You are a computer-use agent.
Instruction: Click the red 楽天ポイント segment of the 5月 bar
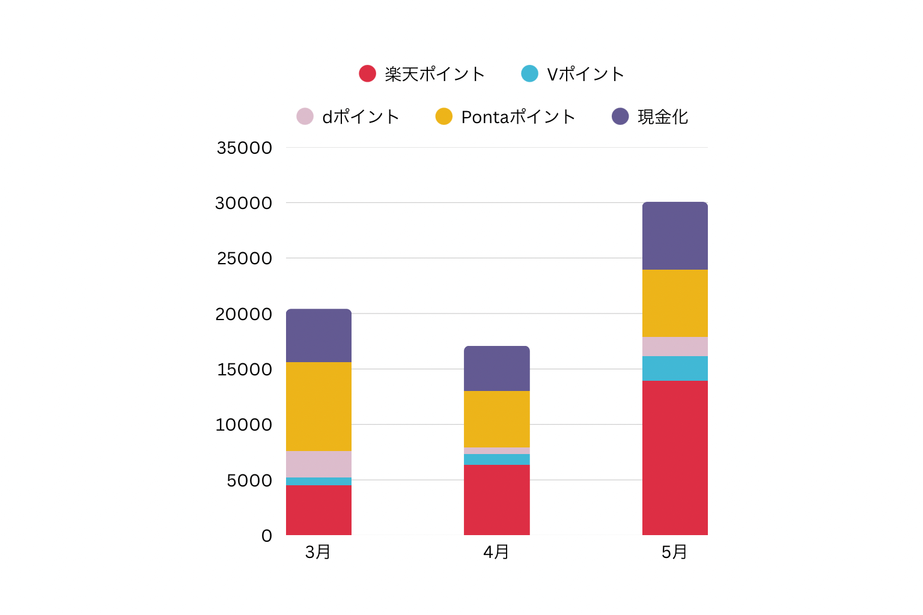coord(675,458)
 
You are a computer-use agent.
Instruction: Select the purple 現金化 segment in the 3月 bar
coord(318,335)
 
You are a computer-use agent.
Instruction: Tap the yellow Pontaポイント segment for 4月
coord(496,419)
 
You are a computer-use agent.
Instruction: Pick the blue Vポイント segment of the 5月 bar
coord(675,368)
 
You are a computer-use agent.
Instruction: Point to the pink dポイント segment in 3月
coord(318,464)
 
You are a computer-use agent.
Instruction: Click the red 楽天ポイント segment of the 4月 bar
coord(496,500)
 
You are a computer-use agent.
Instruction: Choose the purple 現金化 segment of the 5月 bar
coord(675,236)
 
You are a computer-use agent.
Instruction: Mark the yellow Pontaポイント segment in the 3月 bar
coord(318,407)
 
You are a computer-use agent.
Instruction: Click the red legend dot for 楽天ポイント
coord(367,74)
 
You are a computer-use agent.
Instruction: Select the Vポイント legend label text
coord(585,74)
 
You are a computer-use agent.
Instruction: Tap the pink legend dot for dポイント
coord(305,117)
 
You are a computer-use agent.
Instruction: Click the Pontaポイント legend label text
coord(518,117)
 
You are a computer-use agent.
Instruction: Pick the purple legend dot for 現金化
coord(620,117)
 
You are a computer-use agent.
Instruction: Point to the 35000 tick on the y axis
coord(244,148)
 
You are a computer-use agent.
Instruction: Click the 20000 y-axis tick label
coord(244,314)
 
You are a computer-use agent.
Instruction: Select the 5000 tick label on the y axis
coord(249,480)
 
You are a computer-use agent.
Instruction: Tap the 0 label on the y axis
coord(267,536)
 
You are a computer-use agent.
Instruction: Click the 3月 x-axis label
coord(318,552)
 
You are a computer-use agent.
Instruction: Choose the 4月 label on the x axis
coord(496,552)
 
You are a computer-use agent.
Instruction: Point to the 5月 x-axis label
coord(674,552)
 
